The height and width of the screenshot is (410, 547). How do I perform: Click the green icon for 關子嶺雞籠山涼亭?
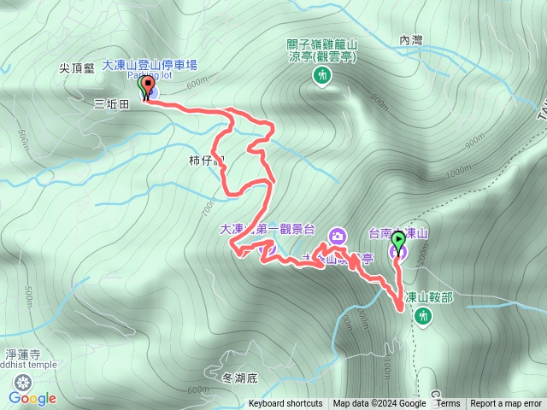click(x=321, y=77)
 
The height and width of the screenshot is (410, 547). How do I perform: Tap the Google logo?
click(x=32, y=398)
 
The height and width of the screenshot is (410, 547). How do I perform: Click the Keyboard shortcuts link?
click(x=285, y=404)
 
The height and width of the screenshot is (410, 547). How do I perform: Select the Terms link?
click(x=448, y=404)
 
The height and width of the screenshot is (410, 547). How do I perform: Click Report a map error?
click(x=506, y=404)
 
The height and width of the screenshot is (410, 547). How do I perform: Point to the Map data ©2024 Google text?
click(x=379, y=404)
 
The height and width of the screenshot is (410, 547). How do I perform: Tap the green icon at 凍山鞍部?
click(x=422, y=317)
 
